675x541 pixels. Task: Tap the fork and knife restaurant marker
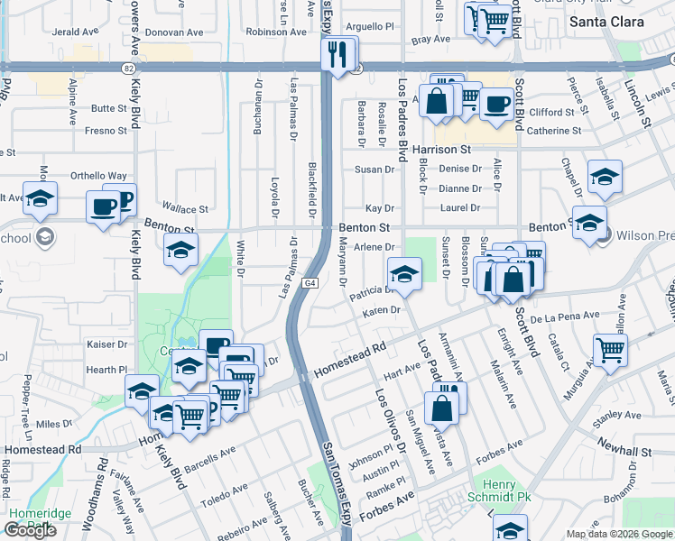(x=338, y=54)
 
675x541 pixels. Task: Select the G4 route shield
(x=310, y=283)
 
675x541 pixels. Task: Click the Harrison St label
(x=442, y=149)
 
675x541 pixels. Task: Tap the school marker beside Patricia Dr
(x=404, y=275)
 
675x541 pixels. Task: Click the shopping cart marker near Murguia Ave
(x=611, y=351)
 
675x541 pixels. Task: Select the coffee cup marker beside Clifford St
(x=495, y=105)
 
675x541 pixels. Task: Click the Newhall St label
(x=624, y=450)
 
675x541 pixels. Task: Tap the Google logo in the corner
(x=31, y=530)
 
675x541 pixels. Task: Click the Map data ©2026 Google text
(x=618, y=534)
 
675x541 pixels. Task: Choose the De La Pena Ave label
(x=565, y=316)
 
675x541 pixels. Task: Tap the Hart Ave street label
(x=402, y=370)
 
